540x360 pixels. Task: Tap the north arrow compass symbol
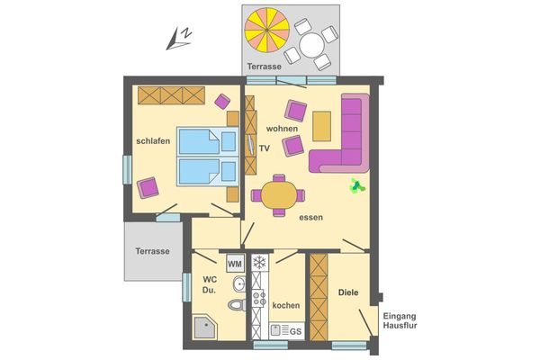180,36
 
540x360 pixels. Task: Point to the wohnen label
282,129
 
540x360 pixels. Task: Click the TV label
264,148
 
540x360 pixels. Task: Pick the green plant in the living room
357,186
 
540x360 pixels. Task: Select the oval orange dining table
278,193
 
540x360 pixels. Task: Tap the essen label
311,217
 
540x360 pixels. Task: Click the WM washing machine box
234,264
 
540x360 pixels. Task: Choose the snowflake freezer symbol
260,263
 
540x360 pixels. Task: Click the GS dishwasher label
293,332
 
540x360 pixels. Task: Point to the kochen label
285,306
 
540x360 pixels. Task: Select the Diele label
348,292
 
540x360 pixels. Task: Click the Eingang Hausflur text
400,321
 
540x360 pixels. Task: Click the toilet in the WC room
237,305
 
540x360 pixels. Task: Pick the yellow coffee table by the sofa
322,124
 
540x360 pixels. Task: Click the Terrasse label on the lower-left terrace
152,251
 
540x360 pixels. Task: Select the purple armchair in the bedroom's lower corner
148,188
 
